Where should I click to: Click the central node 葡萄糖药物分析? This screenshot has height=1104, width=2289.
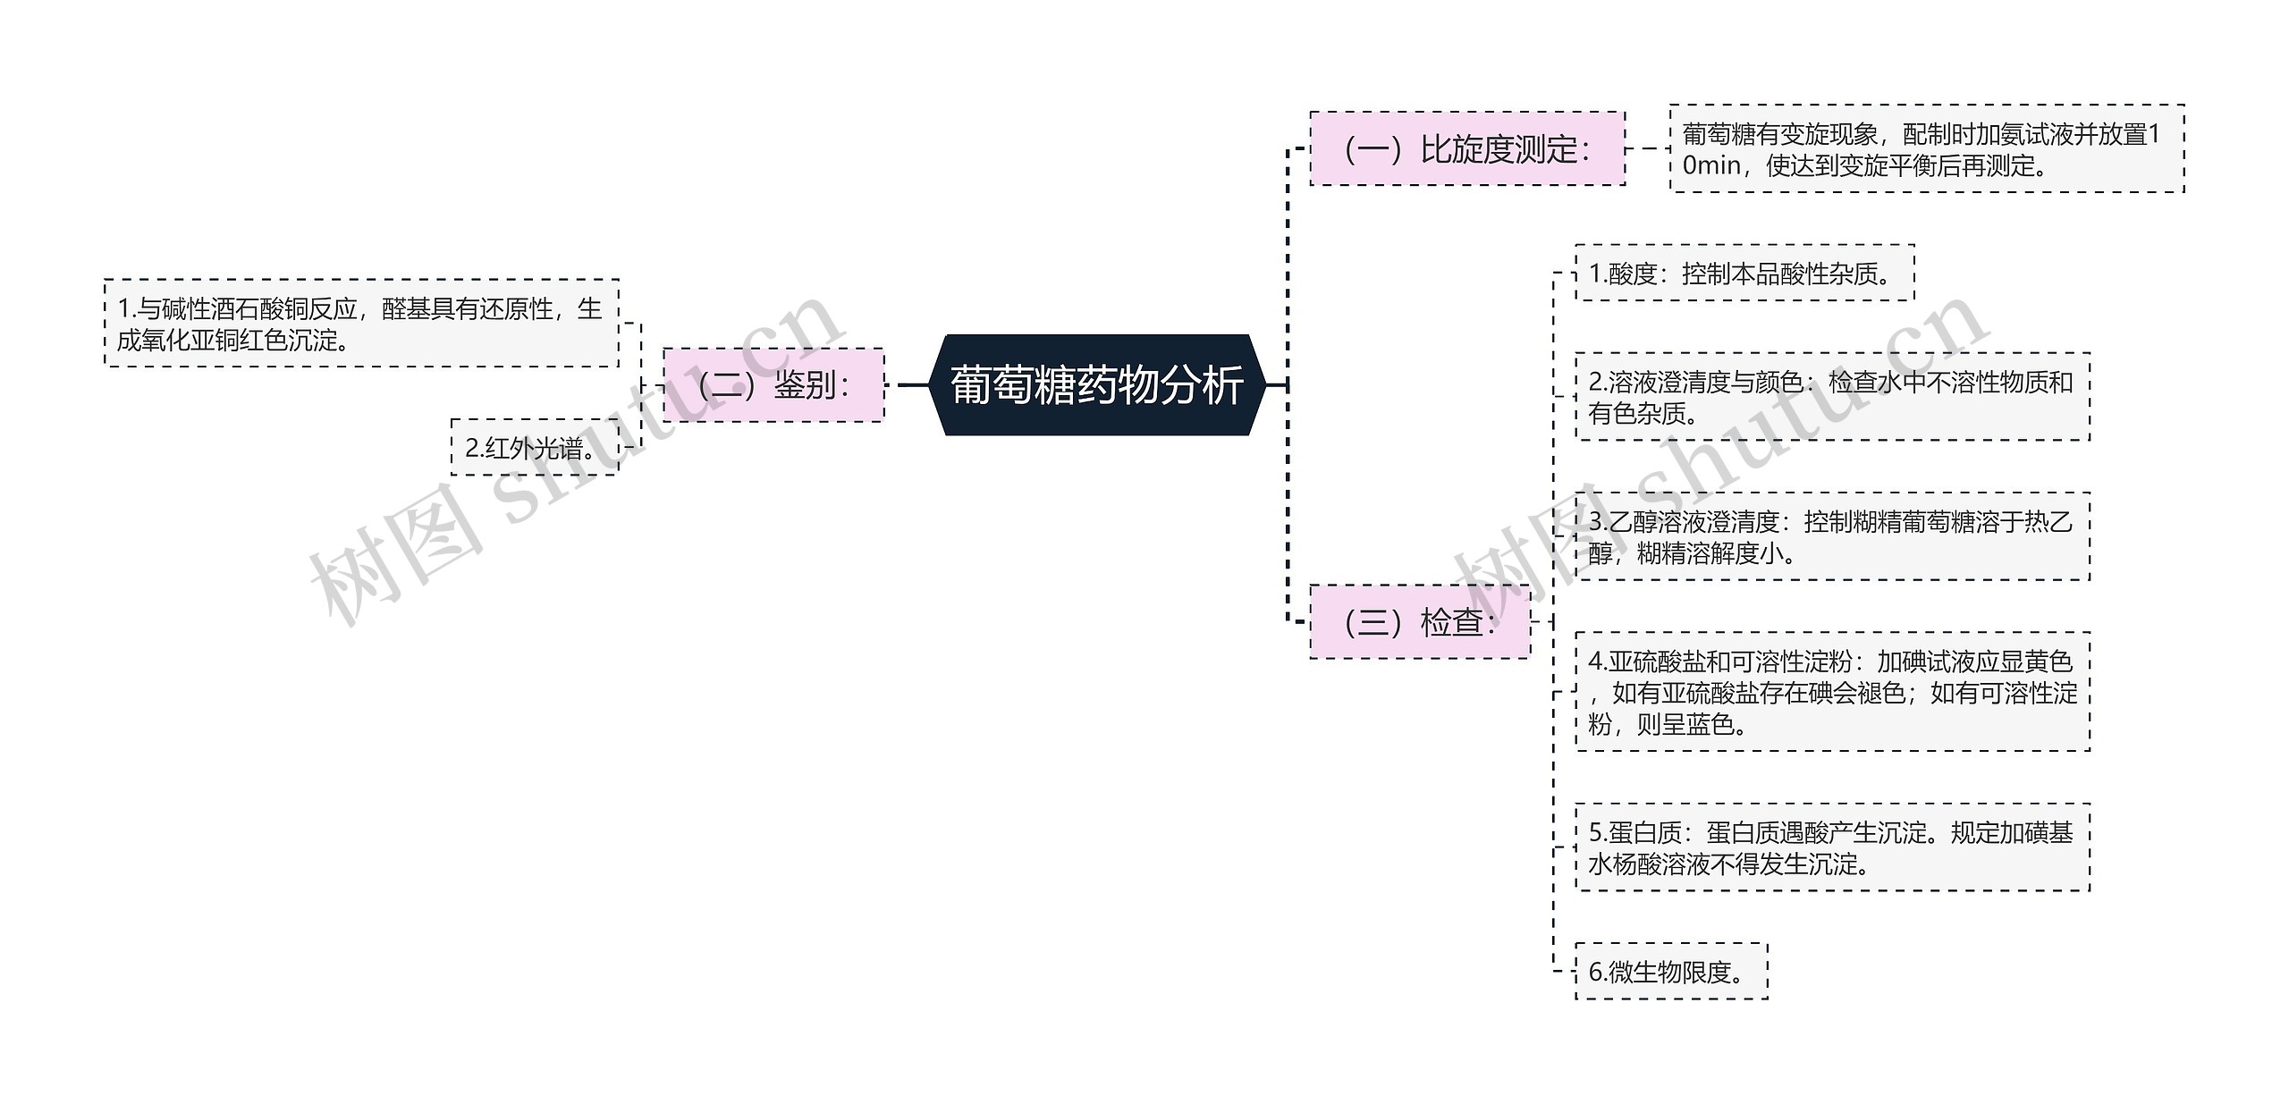pyautogui.click(x=1096, y=385)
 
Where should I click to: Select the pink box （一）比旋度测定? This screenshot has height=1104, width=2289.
pyautogui.click(x=1466, y=149)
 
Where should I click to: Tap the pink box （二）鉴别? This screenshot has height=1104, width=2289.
pyautogui.click(x=773, y=385)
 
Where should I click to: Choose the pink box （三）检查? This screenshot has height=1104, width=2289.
pyautogui.click(x=1419, y=622)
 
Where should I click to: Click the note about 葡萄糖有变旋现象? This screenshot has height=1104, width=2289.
pyautogui.click(x=1926, y=149)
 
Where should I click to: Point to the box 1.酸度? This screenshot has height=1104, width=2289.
pyautogui.click(x=1744, y=274)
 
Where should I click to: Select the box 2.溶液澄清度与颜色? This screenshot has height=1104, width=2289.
pyautogui.click(x=1832, y=397)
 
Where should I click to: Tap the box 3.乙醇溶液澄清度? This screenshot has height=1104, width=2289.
pyautogui.click(x=1832, y=536)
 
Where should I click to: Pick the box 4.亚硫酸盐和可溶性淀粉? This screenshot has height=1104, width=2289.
pyautogui.click(x=1832, y=692)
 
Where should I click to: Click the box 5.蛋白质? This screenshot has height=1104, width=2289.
pyautogui.click(x=1832, y=847)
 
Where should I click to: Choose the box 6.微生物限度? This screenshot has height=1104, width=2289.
pyautogui.click(x=1671, y=972)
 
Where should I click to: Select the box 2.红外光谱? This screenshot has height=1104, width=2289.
pyautogui.click(x=534, y=447)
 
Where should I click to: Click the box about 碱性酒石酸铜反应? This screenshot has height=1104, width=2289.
pyautogui.click(x=361, y=324)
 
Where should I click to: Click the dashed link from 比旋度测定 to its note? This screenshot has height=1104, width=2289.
pyautogui.click(x=1647, y=149)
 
